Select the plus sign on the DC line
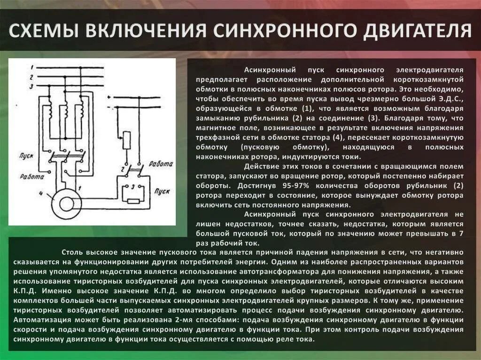coord(109,97)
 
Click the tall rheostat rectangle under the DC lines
coord(126,140)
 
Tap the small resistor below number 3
coord(134,201)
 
